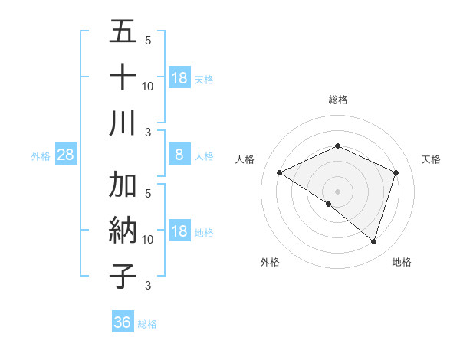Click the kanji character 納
click(123, 231)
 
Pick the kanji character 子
click(123, 277)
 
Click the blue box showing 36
click(123, 322)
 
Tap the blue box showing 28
click(66, 155)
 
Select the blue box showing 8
click(179, 155)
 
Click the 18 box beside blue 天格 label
click(179, 77)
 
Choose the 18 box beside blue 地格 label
click(179, 231)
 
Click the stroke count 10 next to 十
click(148, 86)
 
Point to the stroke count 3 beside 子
click(148, 286)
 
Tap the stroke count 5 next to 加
click(148, 193)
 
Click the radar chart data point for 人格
click(280, 173)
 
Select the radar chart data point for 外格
click(329, 205)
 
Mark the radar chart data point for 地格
click(373, 242)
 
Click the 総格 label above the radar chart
click(338, 100)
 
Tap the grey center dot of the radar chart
click(338, 191)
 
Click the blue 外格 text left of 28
click(41, 155)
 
